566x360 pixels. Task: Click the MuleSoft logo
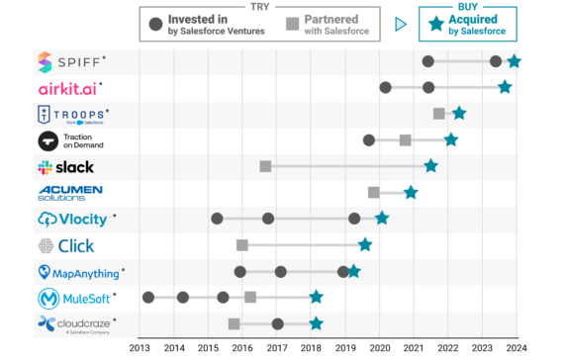[x=74, y=297]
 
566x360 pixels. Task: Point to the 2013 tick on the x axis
[x=140, y=347]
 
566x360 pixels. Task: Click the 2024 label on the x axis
[x=516, y=347]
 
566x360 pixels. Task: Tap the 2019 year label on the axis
[x=344, y=347]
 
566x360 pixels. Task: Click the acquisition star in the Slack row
[x=430, y=166]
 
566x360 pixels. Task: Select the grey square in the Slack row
[x=265, y=166]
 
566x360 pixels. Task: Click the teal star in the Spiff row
[x=514, y=62]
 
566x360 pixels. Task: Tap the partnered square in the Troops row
[x=439, y=114]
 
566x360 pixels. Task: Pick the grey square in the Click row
[x=242, y=244]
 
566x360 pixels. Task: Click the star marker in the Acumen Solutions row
[x=411, y=192]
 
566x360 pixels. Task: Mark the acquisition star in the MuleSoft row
[x=316, y=297]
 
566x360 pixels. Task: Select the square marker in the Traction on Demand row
[x=406, y=139]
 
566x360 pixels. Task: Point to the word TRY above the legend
[x=259, y=5]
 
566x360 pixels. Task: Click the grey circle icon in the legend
[x=155, y=25]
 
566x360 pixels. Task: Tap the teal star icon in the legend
[x=433, y=25]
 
